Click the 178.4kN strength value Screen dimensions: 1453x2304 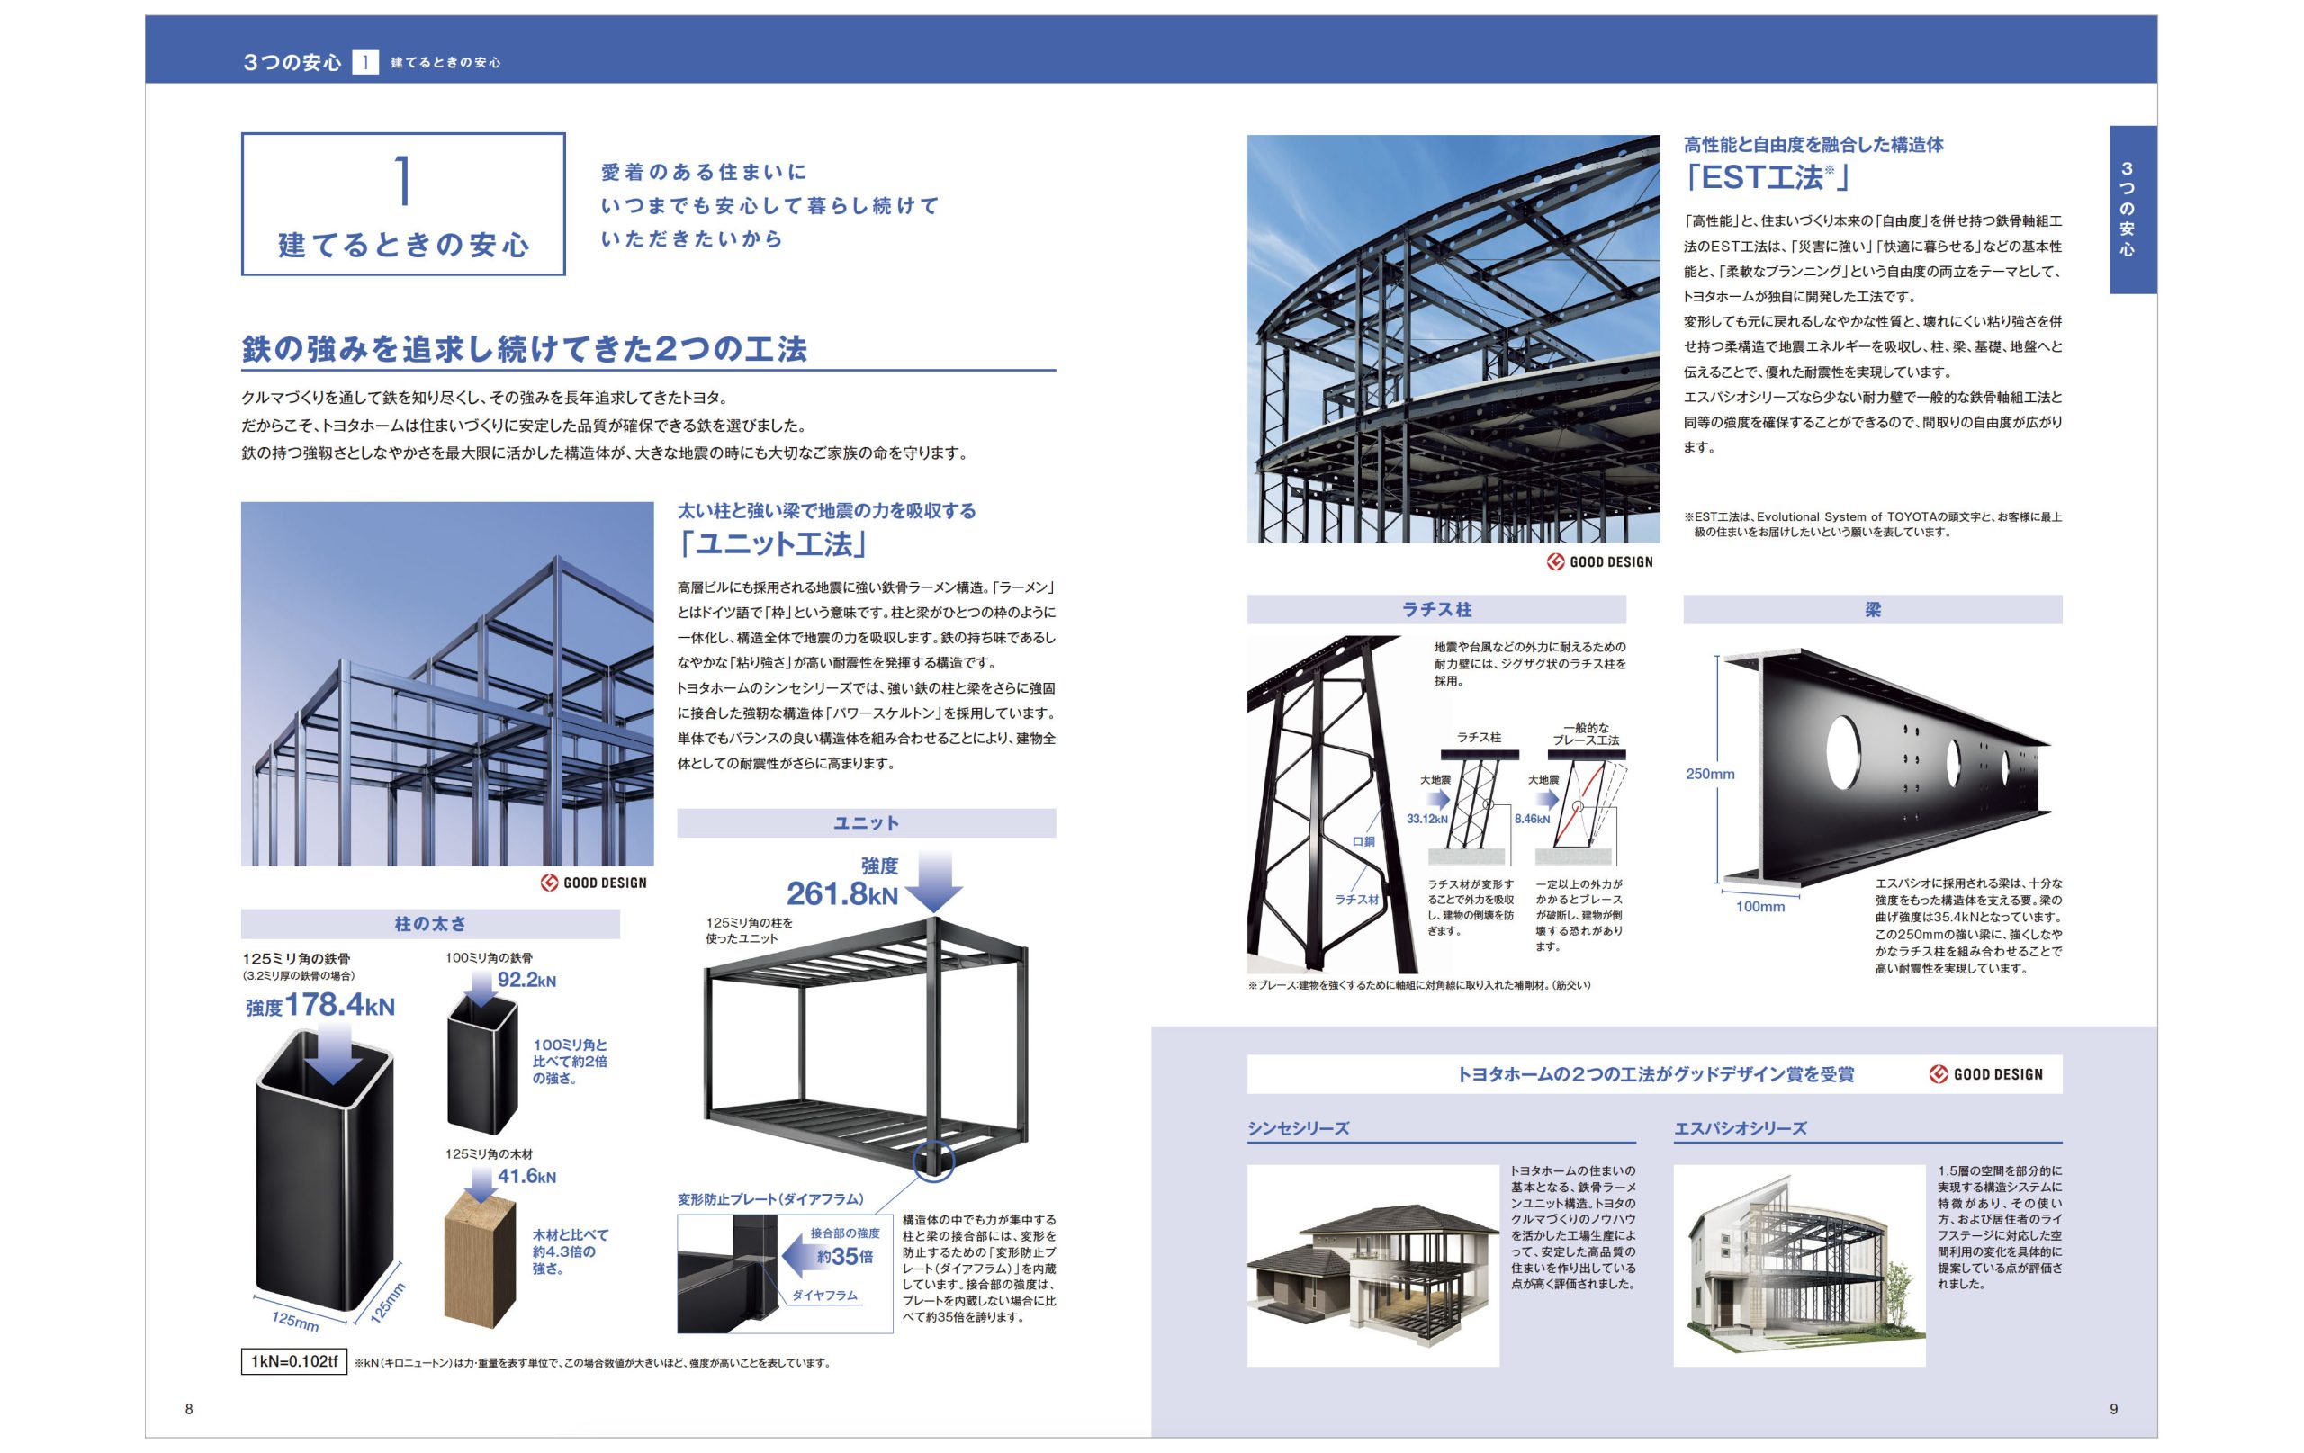point(338,1005)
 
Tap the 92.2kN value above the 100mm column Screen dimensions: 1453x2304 point(526,980)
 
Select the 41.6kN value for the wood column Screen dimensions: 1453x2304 point(526,1176)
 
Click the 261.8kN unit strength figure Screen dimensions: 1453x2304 point(842,893)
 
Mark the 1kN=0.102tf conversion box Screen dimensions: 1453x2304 point(293,1361)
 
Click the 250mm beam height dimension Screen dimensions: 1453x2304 point(1710,774)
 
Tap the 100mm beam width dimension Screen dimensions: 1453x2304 point(1760,907)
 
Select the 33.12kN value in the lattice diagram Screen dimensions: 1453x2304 point(1426,819)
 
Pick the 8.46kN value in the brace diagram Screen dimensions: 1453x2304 point(1532,819)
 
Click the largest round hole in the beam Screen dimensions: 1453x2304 point(1843,751)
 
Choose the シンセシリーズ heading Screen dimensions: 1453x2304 point(1299,1129)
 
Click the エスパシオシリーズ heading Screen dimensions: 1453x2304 point(1741,1129)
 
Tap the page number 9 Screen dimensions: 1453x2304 point(2113,1409)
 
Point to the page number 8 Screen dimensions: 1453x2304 point(189,1409)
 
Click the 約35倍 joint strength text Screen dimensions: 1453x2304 point(845,1256)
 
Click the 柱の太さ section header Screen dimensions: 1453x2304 point(430,924)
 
